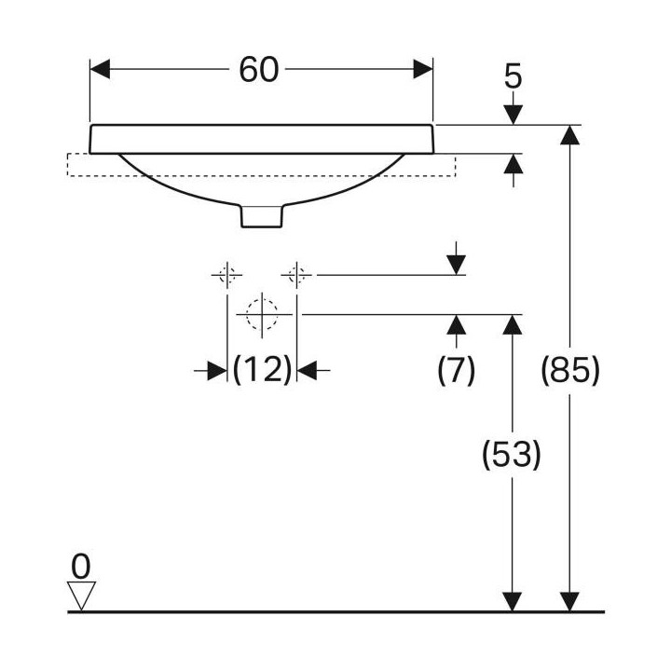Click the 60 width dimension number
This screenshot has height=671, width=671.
click(x=258, y=70)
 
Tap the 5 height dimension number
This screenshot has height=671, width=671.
click(x=514, y=76)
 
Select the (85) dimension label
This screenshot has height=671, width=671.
click(x=570, y=370)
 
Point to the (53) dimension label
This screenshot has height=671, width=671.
click(x=512, y=455)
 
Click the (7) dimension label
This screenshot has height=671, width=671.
click(x=456, y=370)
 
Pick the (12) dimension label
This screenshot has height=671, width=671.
click(x=262, y=370)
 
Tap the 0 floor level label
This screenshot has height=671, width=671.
click(x=81, y=567)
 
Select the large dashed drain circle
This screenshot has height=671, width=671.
click(x=262, y=315)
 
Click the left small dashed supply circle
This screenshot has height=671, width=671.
click(x=226, y=275)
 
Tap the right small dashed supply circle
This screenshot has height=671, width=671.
click(x=296, y=275)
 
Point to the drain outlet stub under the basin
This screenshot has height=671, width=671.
click(x=262, y=216)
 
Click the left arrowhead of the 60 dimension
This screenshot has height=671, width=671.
click(x=100, y=69)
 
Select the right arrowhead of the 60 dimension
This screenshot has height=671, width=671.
click(x=423, y=69)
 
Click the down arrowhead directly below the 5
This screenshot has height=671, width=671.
click(x=514, y=115)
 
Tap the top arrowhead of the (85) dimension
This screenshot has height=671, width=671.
click(x=569, y=135)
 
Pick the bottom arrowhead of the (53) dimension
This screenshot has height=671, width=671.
click(x=513, y=602)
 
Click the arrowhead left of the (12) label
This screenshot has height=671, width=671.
click(x=217, y=370)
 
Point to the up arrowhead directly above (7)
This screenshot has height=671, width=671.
click(x=456, y=325)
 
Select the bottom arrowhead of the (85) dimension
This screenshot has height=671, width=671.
click(x=569, y=602)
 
